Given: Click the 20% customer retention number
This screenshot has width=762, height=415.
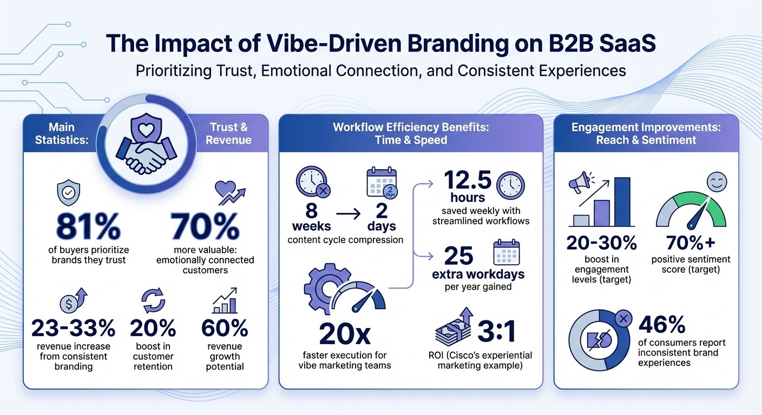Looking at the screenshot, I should tap(153, 328).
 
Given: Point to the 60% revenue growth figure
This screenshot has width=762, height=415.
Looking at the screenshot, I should tap(224, 328).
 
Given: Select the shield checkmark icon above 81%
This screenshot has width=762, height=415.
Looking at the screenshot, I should tap(68, 193).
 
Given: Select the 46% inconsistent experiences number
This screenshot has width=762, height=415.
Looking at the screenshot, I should tap(662, 325).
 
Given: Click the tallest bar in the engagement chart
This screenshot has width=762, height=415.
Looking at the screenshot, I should tap(622, 202).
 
